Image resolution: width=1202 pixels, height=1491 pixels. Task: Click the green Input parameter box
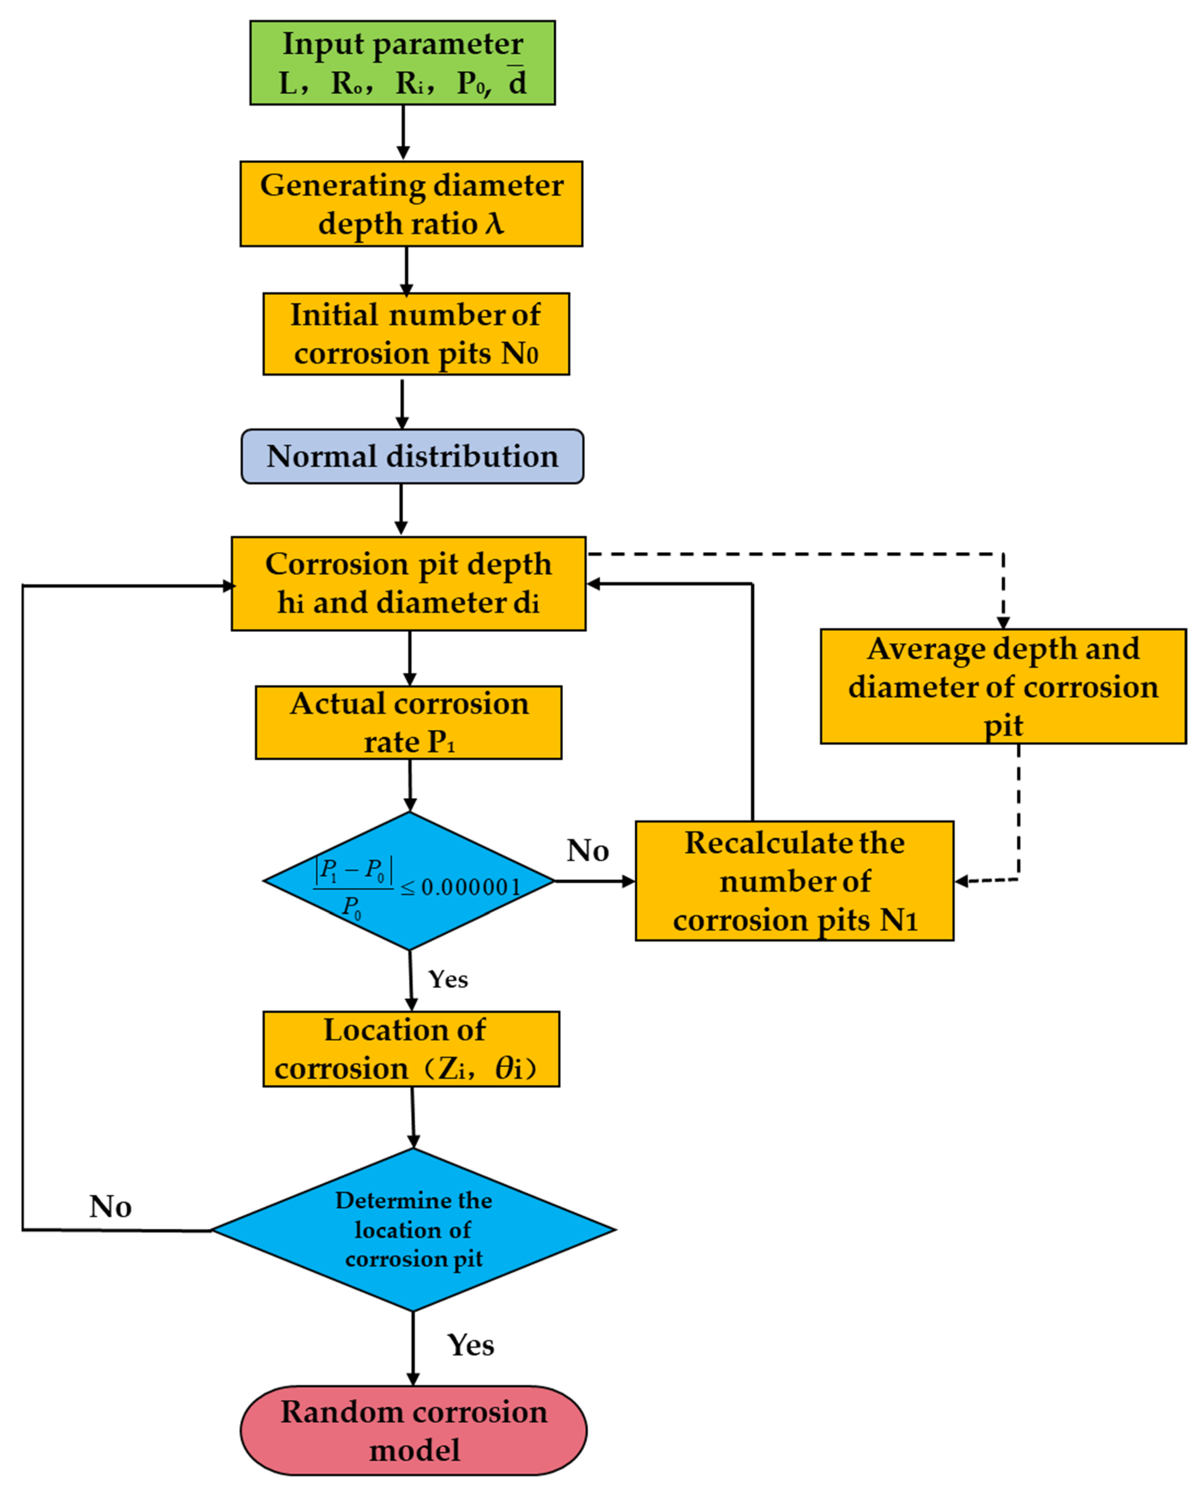[x=402, y=63]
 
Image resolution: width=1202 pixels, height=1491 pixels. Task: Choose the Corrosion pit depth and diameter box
[x=409, y=583]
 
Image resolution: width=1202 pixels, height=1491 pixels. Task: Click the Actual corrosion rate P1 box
[x=409, y=723]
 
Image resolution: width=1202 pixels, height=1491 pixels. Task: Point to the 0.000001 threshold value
[x=471, y=887]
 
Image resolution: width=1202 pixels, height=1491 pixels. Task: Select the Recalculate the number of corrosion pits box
[x=794, y=881]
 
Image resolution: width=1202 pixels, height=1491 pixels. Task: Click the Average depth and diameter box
[x=1003, y=687]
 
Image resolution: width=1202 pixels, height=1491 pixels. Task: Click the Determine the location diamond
[x=413, y=1230]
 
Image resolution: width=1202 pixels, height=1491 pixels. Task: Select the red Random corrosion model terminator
[x=413, y=1431]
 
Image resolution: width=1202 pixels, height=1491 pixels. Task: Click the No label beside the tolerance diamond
[x=588, y=851]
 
